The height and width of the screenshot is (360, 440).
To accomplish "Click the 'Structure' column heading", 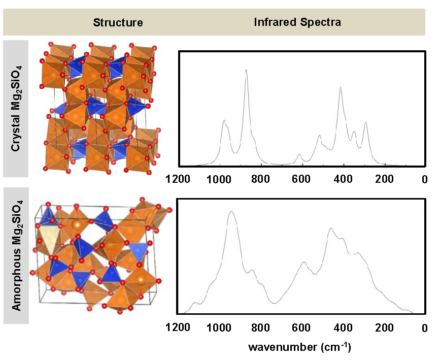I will [118, 22].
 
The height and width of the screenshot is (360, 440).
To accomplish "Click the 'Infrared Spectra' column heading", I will [297, 22].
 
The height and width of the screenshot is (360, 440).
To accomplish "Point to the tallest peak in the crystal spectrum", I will [246, 70].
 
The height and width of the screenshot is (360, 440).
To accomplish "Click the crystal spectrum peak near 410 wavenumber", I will [341, 87].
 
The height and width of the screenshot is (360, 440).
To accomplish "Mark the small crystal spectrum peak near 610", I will [299, 154].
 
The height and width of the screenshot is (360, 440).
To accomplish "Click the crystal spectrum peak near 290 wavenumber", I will [365, 122].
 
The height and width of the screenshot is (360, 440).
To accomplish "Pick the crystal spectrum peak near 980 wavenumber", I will [224, 120].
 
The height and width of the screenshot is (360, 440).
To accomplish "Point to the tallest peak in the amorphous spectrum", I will [231, 211].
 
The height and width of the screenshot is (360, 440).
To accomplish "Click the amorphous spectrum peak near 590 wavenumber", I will [303, 262].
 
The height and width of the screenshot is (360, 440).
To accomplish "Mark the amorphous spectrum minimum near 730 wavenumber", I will [275, 303].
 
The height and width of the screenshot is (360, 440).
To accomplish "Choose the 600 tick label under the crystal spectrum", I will [301, 179].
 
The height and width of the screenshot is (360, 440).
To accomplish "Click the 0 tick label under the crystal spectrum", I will [425, 179].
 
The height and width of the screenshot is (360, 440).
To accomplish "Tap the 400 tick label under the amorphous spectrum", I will [343, 329].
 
